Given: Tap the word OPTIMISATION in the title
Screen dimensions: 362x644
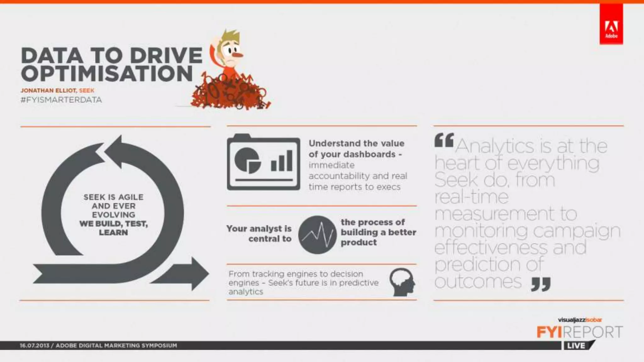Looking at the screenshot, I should [x=107, y=74].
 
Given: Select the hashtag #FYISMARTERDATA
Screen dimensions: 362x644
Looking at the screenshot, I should [x=61, y=100].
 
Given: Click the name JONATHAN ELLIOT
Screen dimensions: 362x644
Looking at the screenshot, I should [x=48, y=90].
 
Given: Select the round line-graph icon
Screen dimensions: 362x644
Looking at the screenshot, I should [x=317, y=235].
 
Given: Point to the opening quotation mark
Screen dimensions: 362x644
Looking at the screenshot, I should [x=444, y=140].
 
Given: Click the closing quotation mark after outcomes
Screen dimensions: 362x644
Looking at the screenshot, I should [x=541, y=284].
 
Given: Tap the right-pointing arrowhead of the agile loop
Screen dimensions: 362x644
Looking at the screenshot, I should [x=197, y=273].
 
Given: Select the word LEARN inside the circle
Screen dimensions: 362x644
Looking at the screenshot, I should [x=113, y=233].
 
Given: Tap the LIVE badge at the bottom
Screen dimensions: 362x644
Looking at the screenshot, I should [x=576, y=346].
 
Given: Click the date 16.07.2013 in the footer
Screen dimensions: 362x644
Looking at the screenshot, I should [x=34, y=346].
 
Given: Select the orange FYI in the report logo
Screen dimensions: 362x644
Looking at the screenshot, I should [x=549, y=332].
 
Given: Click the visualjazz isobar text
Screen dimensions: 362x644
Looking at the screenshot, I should [x=580, y=320].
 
